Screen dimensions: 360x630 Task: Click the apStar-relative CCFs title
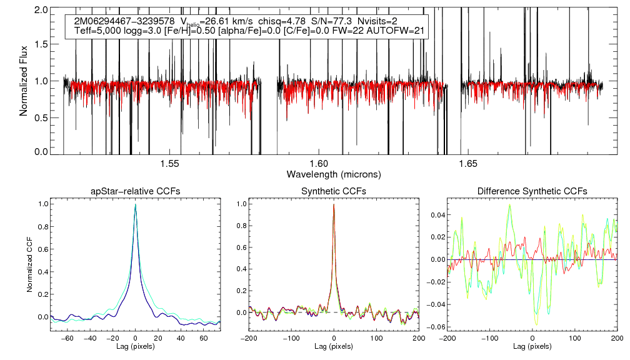pos(136,191)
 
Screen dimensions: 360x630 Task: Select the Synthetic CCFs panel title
pos(334,191)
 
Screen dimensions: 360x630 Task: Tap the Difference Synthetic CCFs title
pos(532,191)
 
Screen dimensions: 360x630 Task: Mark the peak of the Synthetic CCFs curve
pos(334,204)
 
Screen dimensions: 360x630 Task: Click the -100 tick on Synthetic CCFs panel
pos(292,337)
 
